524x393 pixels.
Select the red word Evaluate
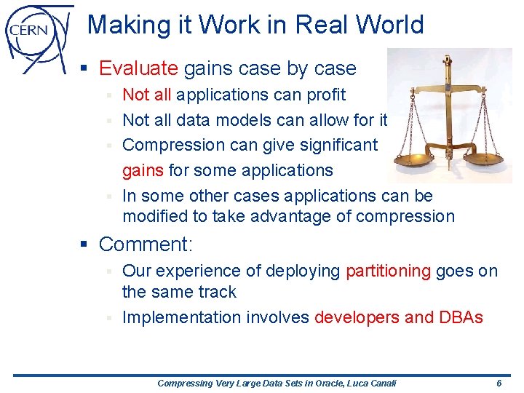[x=138, y=68]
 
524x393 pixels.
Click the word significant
[x=334, y=145]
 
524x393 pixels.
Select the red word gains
[x=143, y=170]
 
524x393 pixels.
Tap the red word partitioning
[x=388, y=271]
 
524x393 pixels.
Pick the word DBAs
[x=461, y=317]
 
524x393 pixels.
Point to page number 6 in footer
[x=499, y=383]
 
